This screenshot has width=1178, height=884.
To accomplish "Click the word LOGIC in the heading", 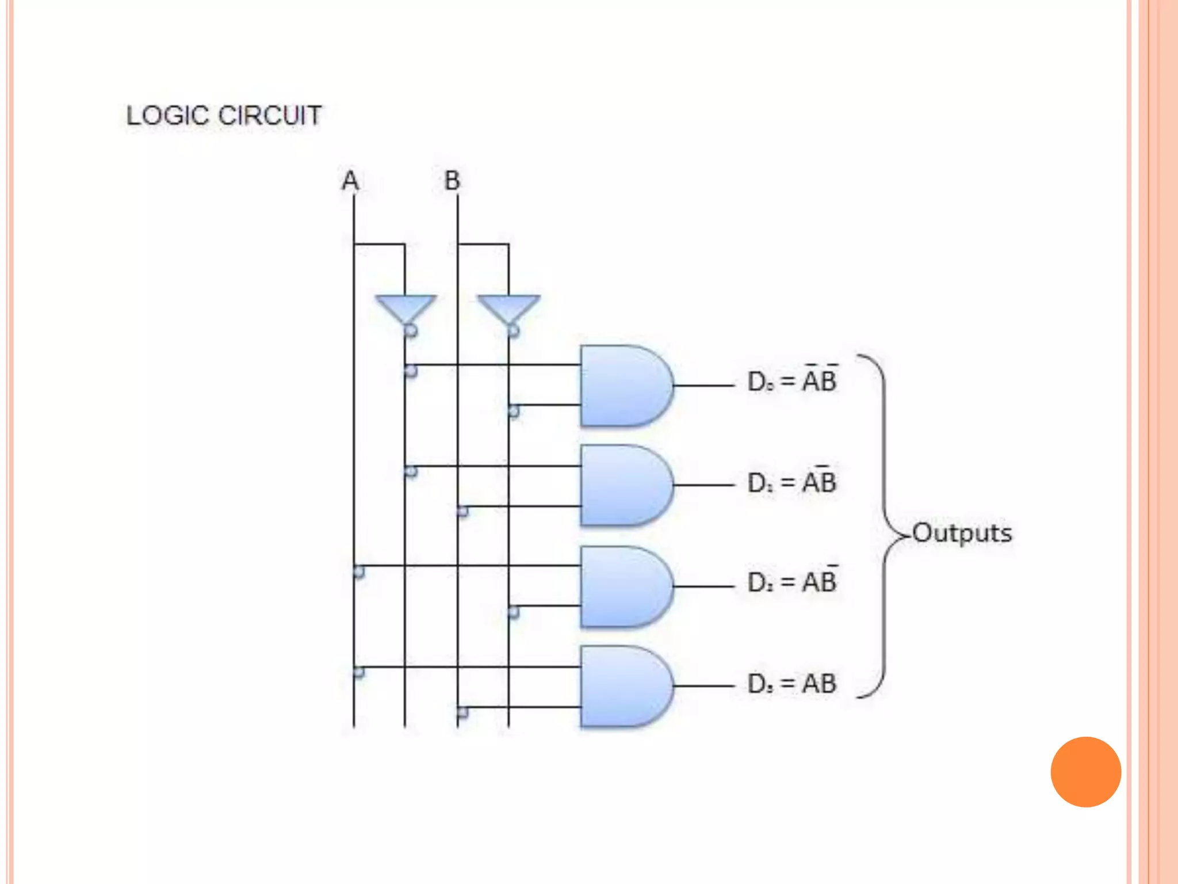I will pos(167,116).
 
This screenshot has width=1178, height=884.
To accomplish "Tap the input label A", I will pos(350,181).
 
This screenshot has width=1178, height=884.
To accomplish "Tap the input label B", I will pos(452,181).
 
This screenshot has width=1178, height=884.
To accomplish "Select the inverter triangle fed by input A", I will pos(406,309).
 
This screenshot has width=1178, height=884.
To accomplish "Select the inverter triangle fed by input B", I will pos(508,309).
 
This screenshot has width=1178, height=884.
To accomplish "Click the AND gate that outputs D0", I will pos(625,386).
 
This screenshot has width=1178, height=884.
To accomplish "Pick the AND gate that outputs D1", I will pos(625,485).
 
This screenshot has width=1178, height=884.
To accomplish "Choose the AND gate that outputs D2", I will pos(625,586).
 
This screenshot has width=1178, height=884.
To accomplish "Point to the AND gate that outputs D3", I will pos(625,686).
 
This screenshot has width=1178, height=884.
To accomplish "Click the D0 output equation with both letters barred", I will pos(792,380).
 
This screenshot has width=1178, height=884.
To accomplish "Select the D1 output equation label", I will pos(792,482).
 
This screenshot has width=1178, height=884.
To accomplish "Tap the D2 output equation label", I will pos(792,582).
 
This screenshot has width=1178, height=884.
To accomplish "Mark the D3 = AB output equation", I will pos(792,684).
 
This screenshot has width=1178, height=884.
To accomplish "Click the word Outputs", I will pos(962,533).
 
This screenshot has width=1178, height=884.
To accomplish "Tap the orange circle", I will pos(1085,772).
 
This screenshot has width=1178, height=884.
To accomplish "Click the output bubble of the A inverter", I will pos(411,331).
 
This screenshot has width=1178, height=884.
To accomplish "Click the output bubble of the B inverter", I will pos(513,331).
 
